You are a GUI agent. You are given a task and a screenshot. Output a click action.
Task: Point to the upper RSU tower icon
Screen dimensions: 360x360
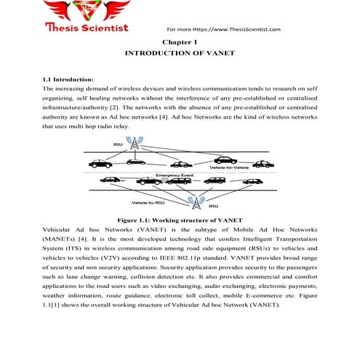(134, 145)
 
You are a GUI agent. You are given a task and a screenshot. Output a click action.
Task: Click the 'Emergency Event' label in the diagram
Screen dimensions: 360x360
(172, 174)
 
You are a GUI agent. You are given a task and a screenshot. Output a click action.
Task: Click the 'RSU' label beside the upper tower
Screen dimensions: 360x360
(118, 145)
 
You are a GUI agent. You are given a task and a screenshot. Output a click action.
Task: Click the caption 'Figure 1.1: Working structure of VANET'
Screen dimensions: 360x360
(180, 219)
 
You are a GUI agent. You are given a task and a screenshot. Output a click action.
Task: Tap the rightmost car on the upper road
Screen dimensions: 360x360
(263, 163)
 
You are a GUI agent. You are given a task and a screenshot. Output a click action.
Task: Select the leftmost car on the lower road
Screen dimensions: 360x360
(111, 180)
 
